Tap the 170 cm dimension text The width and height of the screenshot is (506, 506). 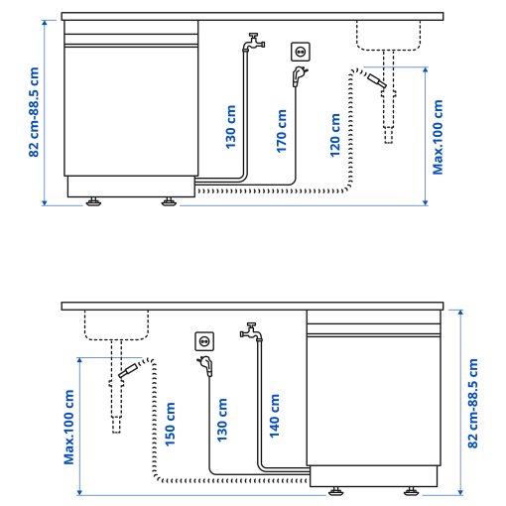283,130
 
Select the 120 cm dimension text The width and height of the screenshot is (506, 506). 335,134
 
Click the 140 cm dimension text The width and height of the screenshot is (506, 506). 275,415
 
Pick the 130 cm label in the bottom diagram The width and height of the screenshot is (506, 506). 223,418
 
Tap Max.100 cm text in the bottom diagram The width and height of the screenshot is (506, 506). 70,427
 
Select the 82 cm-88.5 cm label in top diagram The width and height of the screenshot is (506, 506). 36,111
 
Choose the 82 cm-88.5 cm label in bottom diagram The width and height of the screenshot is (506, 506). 472,405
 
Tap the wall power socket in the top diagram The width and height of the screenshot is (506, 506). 301,51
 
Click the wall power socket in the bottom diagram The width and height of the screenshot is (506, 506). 204,342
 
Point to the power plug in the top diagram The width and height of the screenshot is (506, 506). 300,75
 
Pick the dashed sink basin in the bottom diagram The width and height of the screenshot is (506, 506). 115,325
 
